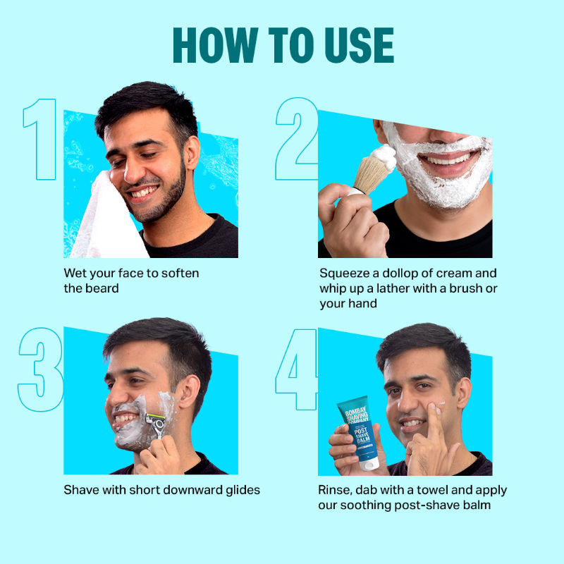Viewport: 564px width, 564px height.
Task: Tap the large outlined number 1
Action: [x=41, y=139]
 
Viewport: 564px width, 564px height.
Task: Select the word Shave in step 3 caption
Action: [x=80, y=489]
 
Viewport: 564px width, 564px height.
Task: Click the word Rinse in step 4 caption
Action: [x=336, y=489]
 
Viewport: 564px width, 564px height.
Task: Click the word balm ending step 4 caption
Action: [x=477, y=505]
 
